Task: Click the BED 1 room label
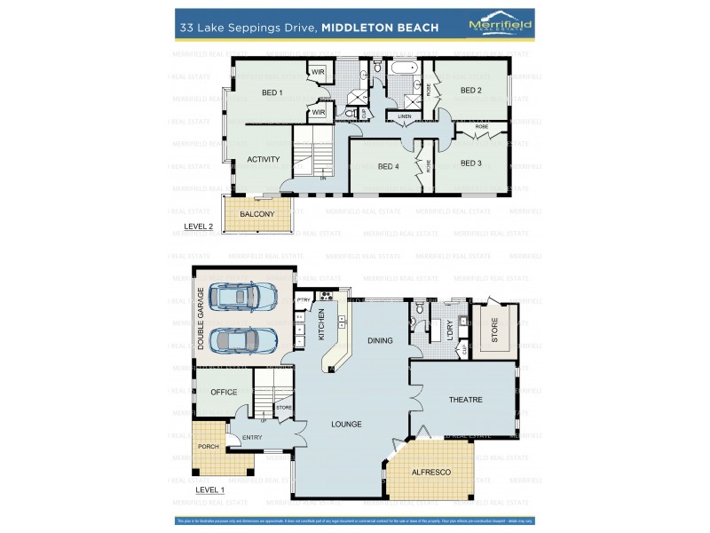point(272,92)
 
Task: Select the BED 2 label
point(470,91)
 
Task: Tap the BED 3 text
point(470,163)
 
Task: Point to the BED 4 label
point(388,166)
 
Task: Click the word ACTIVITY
point(264,160)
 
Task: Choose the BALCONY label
point(256,214)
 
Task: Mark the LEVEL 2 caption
point(198,227)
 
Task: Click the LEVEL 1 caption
point(209,489)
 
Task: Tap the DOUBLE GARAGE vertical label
point(201,317)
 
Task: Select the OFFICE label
point(224,392)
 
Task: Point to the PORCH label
point(208,446)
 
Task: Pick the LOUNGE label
point(346,424)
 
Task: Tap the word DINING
point(380,340)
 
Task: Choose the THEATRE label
point(465,400)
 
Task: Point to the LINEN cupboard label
point(404,116)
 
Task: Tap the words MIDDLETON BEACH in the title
point(380,28)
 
